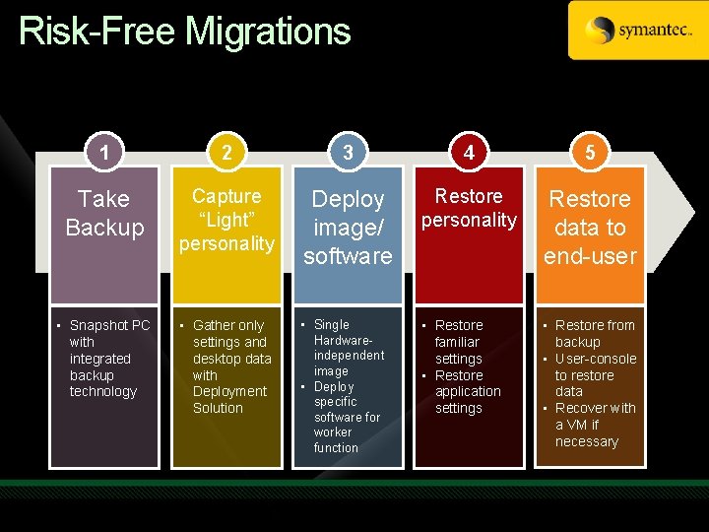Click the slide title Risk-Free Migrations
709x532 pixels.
point(184,32)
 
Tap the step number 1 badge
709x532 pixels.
point(104,152)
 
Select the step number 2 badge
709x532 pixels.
point(226,152)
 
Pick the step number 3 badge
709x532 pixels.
point(348,152)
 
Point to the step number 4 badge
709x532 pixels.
point(469,152)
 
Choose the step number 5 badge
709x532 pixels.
point(590,152)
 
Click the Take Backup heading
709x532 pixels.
point(104,213)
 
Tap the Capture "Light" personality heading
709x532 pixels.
point(226,220)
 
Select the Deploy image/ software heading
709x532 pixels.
point(348,228)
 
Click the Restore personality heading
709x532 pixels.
point(469,208)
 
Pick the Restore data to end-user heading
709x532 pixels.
point(590,228)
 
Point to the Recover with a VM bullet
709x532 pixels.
point(591,425)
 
